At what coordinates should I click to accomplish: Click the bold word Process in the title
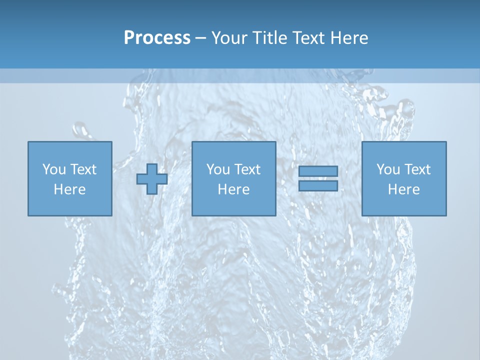tap(157, 38)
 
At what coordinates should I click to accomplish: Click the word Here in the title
tap(349, 38)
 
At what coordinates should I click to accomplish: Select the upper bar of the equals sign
tap(318, 171)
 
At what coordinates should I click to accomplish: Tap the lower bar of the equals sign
tap(318, 185)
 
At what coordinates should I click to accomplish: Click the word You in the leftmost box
tap(53, 169)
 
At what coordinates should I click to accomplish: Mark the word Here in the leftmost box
tap(69, 189)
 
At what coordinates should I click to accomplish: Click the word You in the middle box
tap(217, 169)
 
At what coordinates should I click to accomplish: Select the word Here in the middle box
tap(233, 189)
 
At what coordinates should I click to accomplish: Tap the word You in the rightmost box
tap(387, 169)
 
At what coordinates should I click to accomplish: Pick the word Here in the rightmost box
tap(403, 189)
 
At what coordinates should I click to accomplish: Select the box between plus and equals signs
tap(233, 205)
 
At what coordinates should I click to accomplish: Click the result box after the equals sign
tap(404, 205)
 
